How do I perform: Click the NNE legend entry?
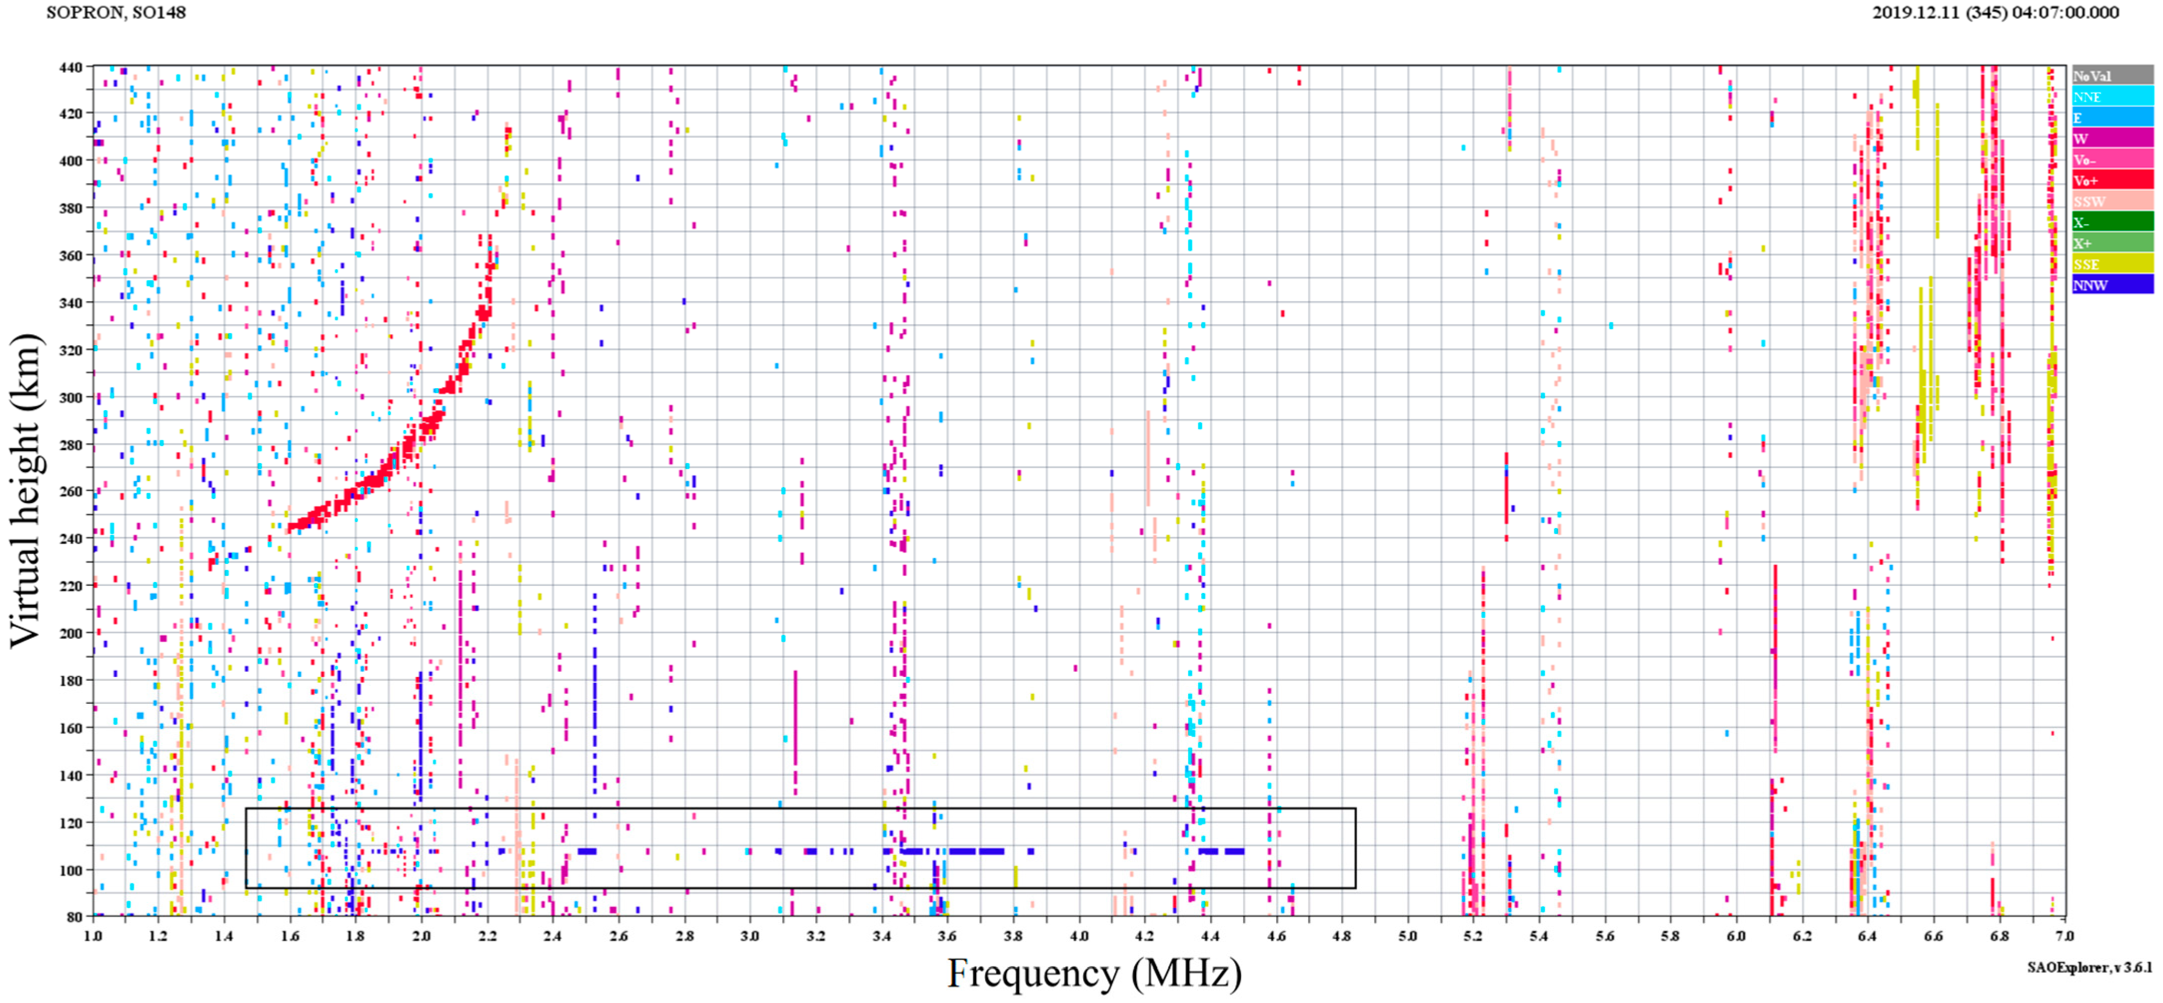pos(2112,96)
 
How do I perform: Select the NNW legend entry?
pos(2112,285)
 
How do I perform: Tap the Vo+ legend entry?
pos(2112,180)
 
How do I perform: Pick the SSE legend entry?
pos(2112,264)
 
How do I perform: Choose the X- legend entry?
pos(2112,222)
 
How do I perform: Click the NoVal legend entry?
pos(2112,75)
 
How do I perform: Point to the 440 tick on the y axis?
pos(70,67)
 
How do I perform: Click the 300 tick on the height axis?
pos(70,398)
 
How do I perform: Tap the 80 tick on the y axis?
pos(74,917)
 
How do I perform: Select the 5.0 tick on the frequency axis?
pos(1408,936)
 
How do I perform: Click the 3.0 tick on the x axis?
pos(750,936)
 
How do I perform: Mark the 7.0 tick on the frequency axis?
pos(2065,936)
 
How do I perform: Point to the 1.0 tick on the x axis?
pos(92,936)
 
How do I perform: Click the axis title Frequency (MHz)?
pos(1094,974)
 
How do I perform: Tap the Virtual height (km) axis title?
pos(25,491)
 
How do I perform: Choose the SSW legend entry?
pos(2112,201)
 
